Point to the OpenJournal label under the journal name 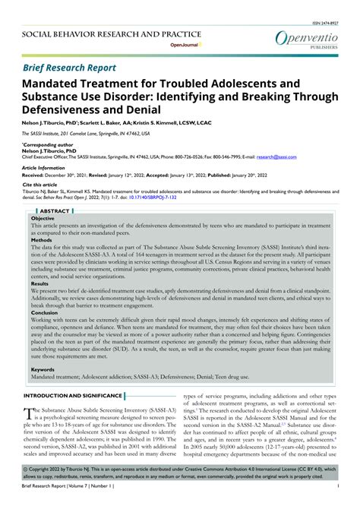point(181,45)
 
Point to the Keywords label point(43,369)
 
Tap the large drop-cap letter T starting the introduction point(29,415)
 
